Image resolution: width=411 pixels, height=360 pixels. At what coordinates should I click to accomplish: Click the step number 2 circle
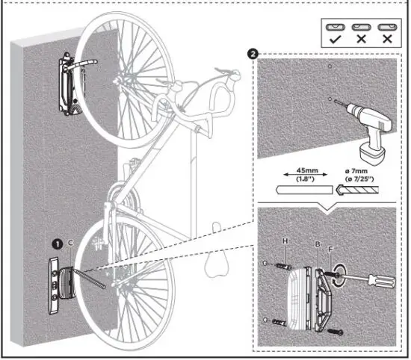coord(255,55)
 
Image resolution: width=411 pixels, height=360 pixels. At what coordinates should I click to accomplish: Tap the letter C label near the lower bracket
coord(69,243)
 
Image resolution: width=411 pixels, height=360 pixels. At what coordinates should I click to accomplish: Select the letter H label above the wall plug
coord(285,241)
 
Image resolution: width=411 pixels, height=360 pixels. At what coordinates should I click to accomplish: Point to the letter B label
coord(318,243)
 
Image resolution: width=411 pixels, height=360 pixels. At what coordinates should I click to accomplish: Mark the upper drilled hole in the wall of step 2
coord(328,66)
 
